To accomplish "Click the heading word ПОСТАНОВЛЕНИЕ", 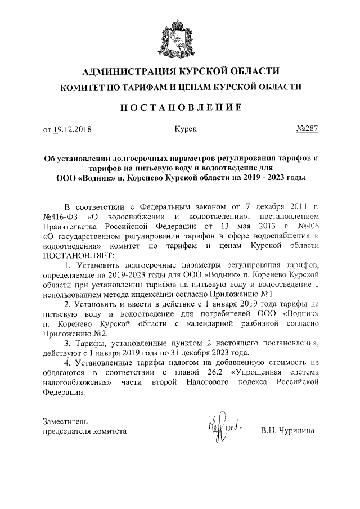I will pos(181,107).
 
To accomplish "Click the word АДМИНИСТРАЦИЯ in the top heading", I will pos(129,71).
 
